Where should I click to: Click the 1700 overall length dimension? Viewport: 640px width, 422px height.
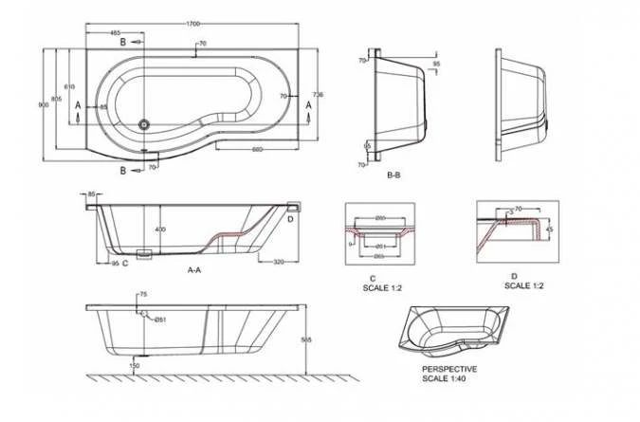coord(193,15)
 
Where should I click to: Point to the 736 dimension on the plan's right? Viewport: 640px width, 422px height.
coord(318,95)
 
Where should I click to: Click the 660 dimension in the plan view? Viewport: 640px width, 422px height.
coord(257,149)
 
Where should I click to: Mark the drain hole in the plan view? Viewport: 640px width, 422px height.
coord(144,122)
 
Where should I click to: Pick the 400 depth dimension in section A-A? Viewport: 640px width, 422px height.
coord(160,229)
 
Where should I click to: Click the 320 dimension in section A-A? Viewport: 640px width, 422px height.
coord(279,261)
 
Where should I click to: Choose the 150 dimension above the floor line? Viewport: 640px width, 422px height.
coord(135,365)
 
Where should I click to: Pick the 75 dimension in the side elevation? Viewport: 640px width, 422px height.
coord(142,294)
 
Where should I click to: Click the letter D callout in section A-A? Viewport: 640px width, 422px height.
coord(290,219)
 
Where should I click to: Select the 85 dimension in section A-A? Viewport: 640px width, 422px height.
coord(91,194)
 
